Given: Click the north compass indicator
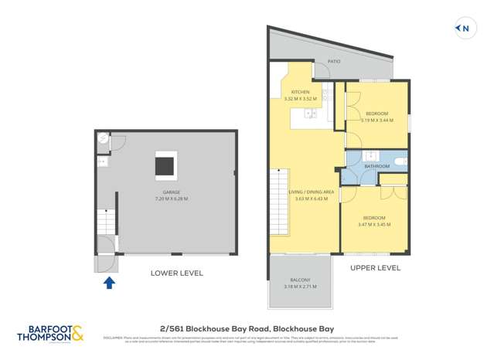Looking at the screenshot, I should (x=463, y=29).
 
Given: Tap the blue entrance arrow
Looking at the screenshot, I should (x=109, y=283).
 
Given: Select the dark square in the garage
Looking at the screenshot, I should (x=165, y=166).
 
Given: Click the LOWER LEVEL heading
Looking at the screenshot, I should (x=176, y=273).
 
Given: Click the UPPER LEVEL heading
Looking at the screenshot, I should (x=375, y=268).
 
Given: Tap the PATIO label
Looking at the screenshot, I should (x=334, y=60).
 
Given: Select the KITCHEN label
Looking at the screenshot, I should (x=300, y=92).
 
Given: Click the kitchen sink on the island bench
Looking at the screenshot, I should (x=311, y=114).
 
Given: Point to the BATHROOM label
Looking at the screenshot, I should (x=376, y=166).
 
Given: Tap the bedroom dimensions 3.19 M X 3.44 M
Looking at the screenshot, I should (x=376, y=121).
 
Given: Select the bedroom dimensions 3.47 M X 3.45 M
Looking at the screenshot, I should (x=373, y=225).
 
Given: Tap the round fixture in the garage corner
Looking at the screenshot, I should (x=103, y=139).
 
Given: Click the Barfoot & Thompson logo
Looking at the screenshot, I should (x=50, y=333).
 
